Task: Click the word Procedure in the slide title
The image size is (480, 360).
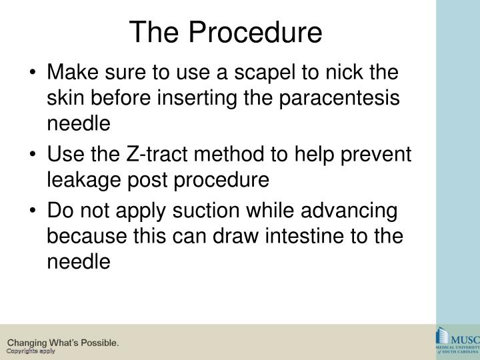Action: point(256,31)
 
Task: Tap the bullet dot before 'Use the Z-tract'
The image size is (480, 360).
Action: point(33,154)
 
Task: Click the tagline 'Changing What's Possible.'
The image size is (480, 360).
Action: point(63,343)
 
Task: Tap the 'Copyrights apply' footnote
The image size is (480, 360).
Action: point(31,351)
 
